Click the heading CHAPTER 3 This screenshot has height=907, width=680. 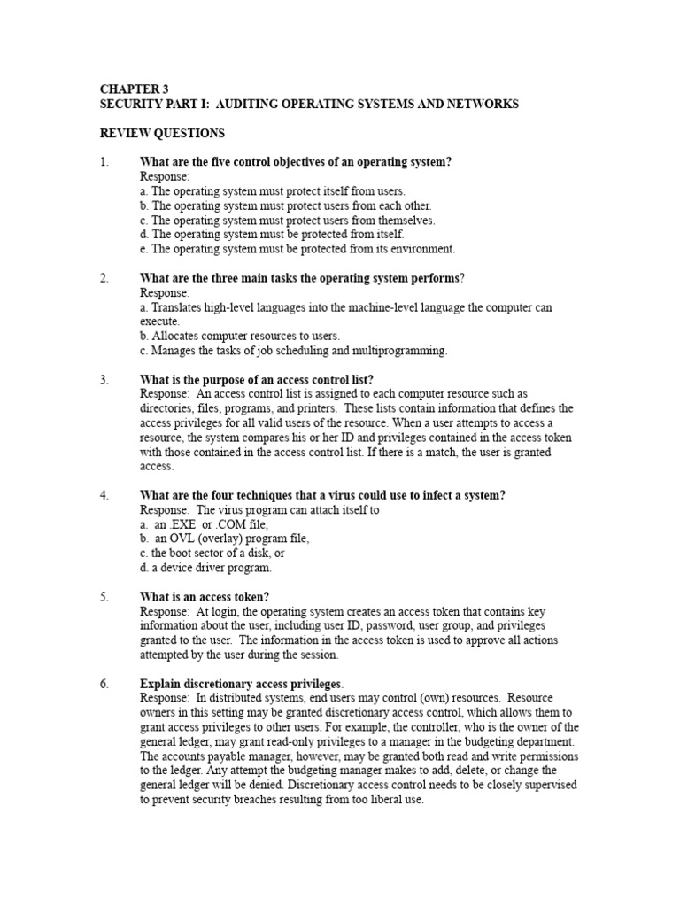pyautogui.click(x=133, y=89)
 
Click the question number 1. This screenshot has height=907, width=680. pyautogui.click(x=104, y=162)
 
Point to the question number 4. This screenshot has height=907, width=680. pyautogui.click(x=104, y=495)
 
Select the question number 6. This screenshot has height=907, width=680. pyautogui.click(x=104, y=684)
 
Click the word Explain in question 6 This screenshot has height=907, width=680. pyautogui.click(x=160, y=684)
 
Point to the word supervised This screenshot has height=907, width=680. pyautogui.click(x=541, y=785)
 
